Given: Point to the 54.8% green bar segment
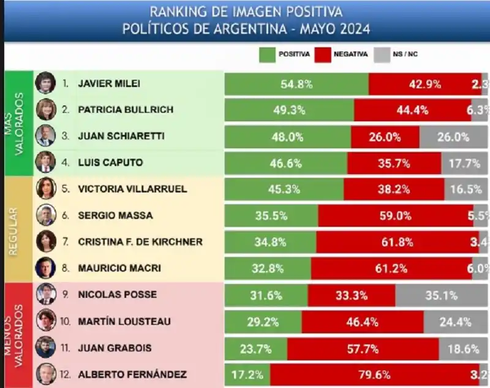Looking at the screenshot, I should pos(296,84).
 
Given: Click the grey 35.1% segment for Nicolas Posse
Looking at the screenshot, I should pos(441,295).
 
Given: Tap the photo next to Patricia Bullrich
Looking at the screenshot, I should pos(46,110).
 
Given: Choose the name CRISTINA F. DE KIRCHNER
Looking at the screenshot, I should pos(140,242).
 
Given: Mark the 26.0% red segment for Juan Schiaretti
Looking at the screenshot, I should pos(385,137).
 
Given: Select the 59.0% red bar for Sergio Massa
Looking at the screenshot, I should pos(396,215).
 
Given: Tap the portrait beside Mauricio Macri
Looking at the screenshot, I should pos(46,268).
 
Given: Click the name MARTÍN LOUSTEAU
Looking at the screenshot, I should pos(124,321).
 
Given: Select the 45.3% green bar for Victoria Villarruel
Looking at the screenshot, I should pos(284,189).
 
